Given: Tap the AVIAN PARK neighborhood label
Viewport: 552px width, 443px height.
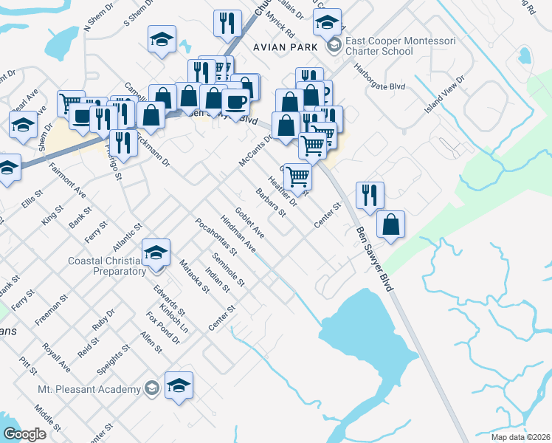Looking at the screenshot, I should pos(285,47).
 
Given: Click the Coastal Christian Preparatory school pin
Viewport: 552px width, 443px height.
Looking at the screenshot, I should pos(156,253).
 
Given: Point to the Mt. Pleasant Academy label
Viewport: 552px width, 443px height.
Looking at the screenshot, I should pos(89,389).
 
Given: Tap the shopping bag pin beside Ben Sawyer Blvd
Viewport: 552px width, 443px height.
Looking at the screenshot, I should pos(390,224).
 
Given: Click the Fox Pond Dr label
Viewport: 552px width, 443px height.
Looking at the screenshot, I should pos(163,327).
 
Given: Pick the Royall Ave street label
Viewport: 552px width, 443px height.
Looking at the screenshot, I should pos(56,356).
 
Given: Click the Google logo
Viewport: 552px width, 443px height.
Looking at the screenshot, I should pos(25,434).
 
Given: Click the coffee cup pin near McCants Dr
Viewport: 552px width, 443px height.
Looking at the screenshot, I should pos(235,102).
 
